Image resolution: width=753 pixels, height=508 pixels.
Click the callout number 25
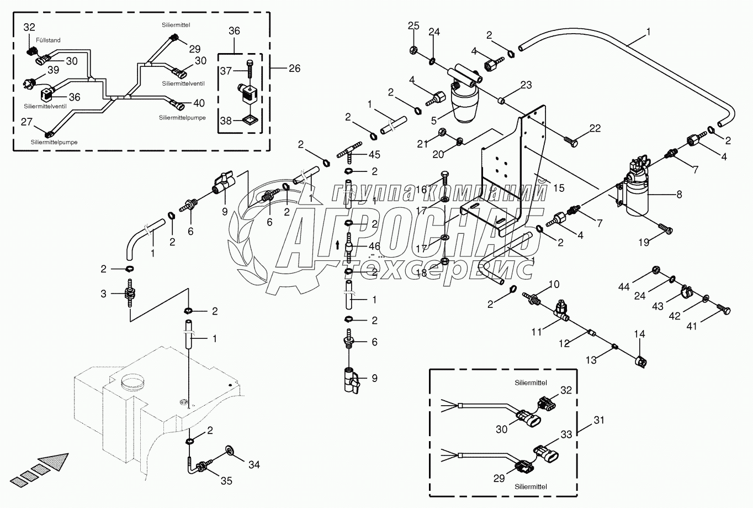(413, 25)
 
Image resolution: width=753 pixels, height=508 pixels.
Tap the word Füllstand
(49, 40)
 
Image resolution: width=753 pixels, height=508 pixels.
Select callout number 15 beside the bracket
(559, 188)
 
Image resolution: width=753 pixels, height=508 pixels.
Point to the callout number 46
(374, 247)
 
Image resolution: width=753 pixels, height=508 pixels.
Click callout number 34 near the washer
(254, 464)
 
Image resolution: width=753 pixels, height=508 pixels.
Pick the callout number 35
(226, 481)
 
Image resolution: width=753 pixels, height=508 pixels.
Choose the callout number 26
(294, 69)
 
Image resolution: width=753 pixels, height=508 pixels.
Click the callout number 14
(639, 334)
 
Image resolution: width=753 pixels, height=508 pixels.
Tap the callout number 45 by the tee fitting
(374, 155)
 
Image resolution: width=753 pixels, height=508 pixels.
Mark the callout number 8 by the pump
(679, 194)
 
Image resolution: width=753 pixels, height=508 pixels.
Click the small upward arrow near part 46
(337, 245)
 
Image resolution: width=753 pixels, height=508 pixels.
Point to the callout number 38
(226, 121)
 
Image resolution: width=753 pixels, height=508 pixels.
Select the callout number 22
(595, 128)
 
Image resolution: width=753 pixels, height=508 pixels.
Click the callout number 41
(692, 326)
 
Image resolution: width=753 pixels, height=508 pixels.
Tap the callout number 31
(599, 420)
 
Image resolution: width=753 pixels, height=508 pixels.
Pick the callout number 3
(104, 294)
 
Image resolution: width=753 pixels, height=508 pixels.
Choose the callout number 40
(199, 103)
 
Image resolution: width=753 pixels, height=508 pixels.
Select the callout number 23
(526, 85)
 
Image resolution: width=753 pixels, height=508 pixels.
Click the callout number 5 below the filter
(434, 121)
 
